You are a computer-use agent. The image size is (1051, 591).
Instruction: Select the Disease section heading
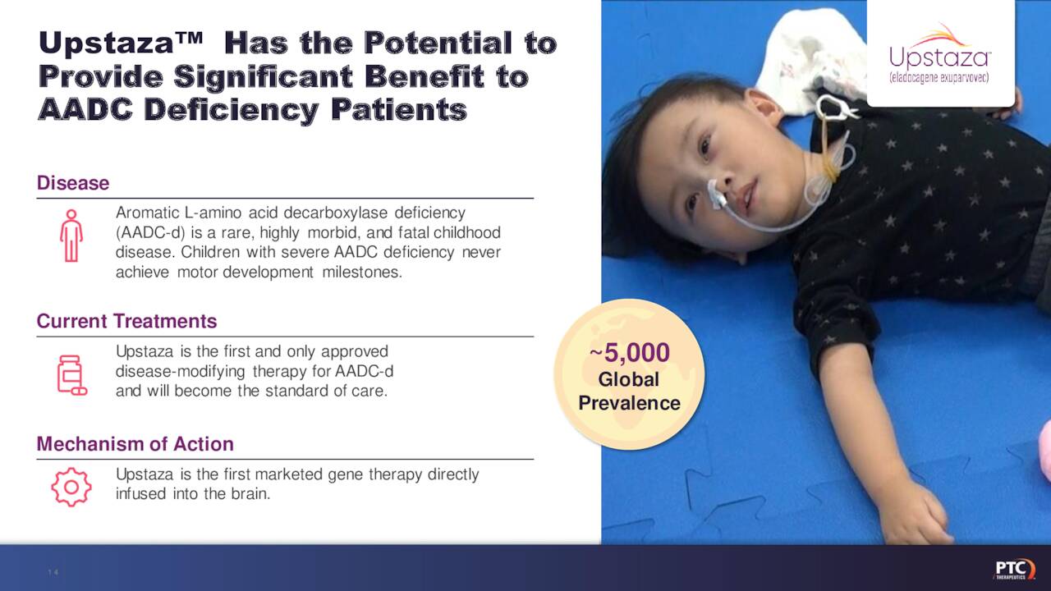click(x=73, y=183)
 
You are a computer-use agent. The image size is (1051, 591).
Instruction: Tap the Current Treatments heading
click(x=126, y=321)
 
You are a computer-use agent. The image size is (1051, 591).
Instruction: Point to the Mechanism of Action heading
click(x=135, y=444)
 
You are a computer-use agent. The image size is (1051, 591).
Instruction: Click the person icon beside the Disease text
click(x=71, y=236)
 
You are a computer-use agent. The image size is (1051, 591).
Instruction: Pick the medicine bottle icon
click(x=71, y=375)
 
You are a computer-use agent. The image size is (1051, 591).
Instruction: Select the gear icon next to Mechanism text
click(x=71, y=487)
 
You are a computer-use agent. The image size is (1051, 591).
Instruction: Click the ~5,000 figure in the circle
click(x=630, y=354)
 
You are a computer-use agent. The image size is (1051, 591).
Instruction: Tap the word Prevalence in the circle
click(x=629, y=403)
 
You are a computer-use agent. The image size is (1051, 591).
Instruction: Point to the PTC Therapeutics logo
click(x=1013, y=569)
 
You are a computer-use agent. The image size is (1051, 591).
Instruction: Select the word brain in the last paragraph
click(x=250, y=493)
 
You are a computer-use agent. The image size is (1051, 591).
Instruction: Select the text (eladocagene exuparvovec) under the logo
click(x=940, y=78)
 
